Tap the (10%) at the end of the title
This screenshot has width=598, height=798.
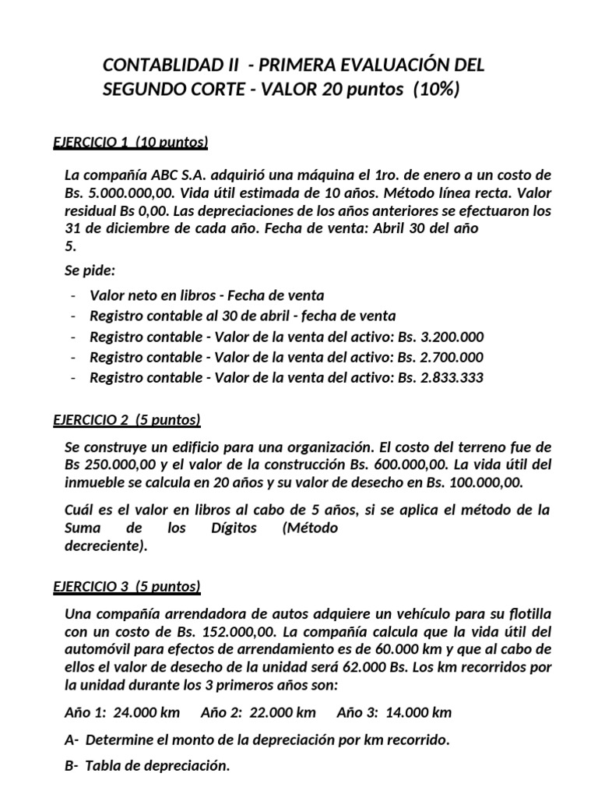(437, 90)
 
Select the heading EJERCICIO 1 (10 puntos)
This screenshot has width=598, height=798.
(131, 142)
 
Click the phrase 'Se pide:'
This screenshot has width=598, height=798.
(90, 271)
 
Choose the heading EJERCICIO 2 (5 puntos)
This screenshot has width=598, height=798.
(127, 420)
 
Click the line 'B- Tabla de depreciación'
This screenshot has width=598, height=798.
(148, 765)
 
